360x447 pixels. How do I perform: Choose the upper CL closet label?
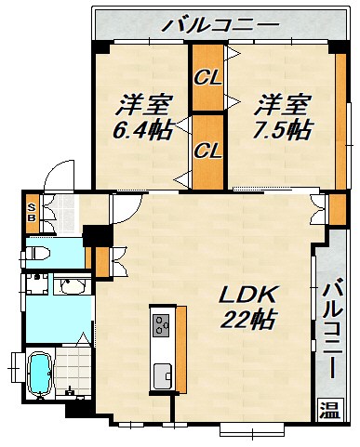[x=207, y=78]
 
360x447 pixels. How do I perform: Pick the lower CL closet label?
[x=207, y=148]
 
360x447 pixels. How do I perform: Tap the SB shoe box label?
[x=32, y=212]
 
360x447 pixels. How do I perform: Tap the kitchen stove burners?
[x=160, y=325]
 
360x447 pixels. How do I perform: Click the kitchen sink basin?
[x=160, y=375]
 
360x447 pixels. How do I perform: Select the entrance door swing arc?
[x=61, y=174]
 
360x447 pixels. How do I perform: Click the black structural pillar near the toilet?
[x=92, y=236]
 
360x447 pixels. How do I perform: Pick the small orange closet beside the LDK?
[x=101, y=261]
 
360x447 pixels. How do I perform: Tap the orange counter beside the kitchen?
[x=180, y=349]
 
